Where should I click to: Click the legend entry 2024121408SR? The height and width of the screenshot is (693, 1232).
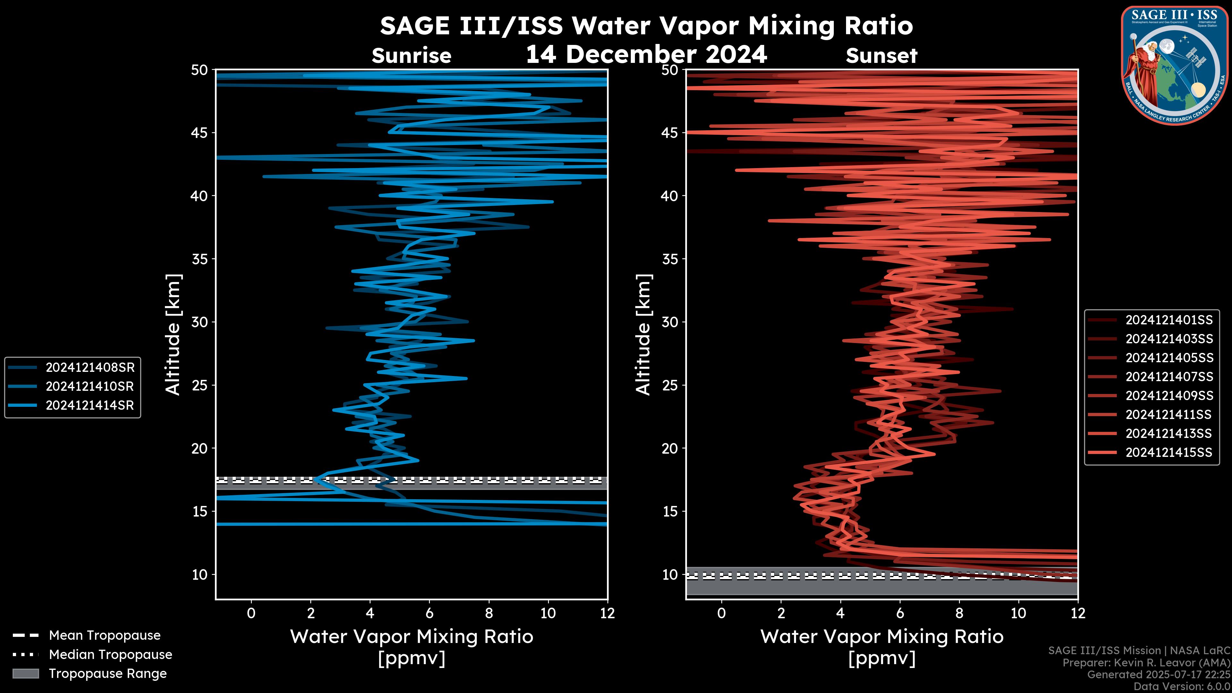[x=90, y=368]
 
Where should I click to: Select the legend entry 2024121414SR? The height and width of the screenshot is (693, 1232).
[x=90, y=406]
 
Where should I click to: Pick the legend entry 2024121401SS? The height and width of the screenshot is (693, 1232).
[x=1169, y=320]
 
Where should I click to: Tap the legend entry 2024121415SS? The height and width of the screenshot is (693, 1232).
[x=1169, y=452]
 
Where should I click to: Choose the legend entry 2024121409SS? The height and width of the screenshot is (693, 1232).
[x=1169, y=396]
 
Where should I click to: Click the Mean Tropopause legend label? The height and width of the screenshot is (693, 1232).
[x=104, y=636]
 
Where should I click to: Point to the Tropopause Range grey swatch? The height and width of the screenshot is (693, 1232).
[x=25, y=674]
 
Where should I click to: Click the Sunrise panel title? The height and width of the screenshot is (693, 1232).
[x=411, y=56]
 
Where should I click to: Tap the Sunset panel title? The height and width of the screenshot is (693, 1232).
[x=881, y=56]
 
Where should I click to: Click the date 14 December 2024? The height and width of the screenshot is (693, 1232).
[x=646, y=54]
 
